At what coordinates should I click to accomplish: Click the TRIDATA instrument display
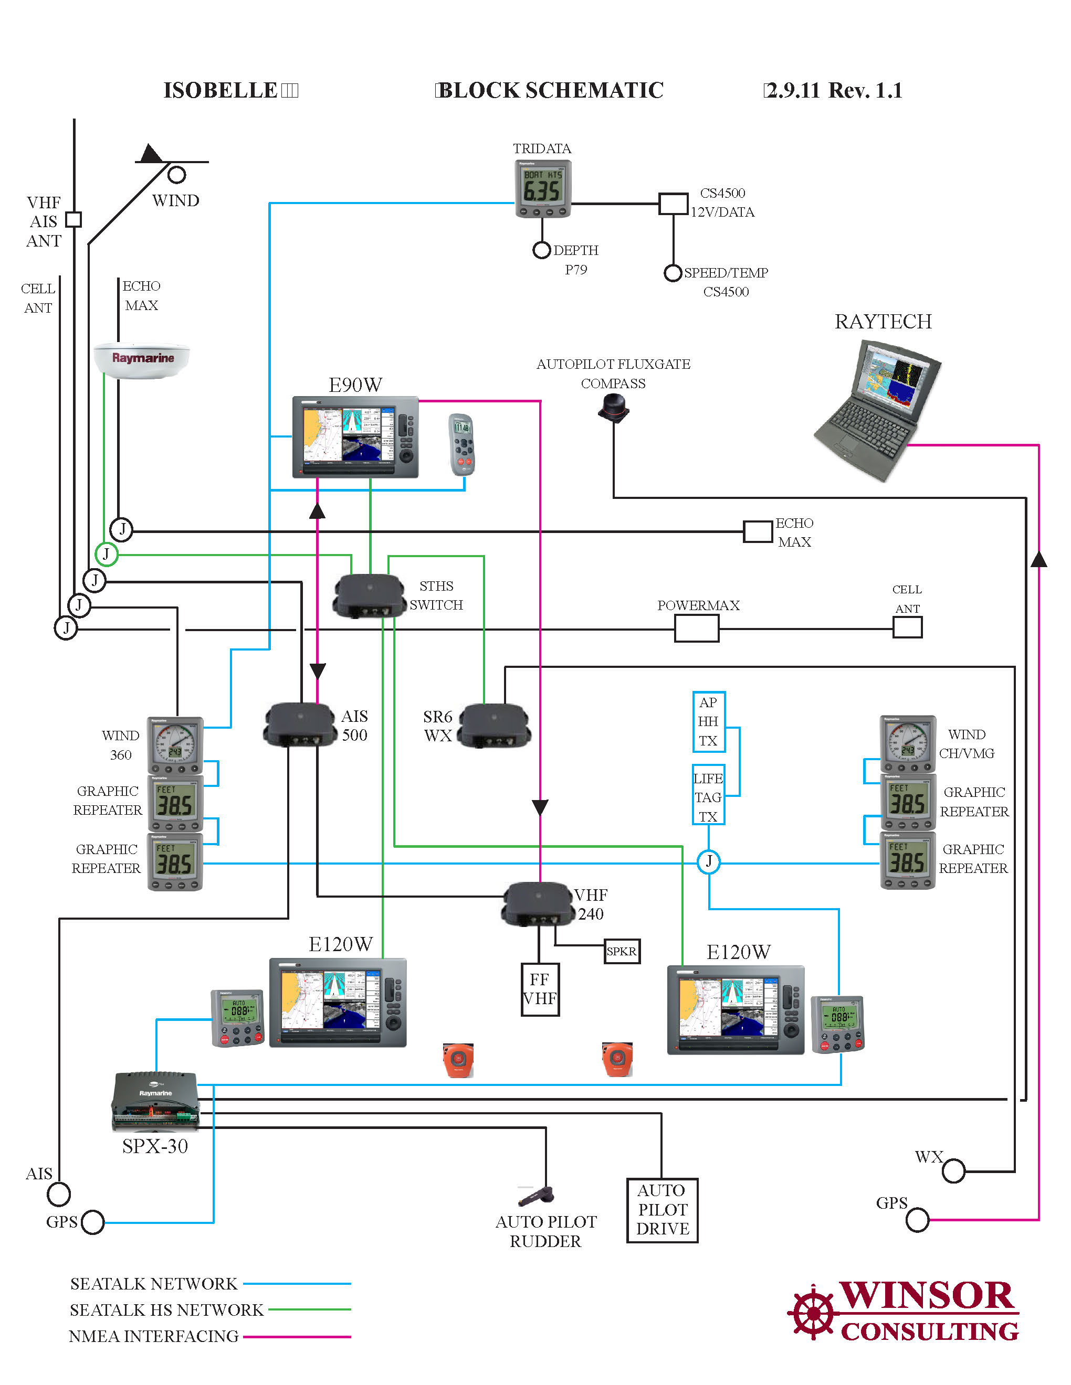pos(542,188)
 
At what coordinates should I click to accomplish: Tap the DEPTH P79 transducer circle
pos(541,250)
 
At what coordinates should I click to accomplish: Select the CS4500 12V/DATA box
pos(673,204)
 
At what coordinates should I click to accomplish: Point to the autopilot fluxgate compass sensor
pos(614,407)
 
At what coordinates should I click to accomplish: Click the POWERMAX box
pos(696,628)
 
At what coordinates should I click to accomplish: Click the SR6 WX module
pos(494,726)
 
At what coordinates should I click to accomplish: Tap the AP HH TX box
pos(708,722)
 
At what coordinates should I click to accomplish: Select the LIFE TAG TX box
pos(708,797)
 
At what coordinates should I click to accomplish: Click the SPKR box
pos(621,951)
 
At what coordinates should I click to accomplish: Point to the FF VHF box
pos(539,989)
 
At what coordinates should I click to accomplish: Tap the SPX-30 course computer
pos(155,1102)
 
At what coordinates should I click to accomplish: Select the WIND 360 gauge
pos(175,745)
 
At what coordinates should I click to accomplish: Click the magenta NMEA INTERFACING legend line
pos(297,1336)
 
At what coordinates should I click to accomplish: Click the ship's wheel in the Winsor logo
pos(813,1313)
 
